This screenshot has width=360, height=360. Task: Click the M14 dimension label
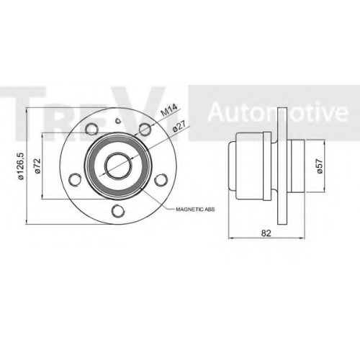tap(168, 110)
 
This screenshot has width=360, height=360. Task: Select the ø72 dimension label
tap(37, 166)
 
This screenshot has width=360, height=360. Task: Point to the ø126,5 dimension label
tap(21, 166)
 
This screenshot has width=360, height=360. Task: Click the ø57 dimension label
tap(319, 166)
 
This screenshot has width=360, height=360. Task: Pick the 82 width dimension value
tap(266, 233)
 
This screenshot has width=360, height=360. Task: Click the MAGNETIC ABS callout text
tap(195, 210)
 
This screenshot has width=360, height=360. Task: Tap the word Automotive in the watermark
tap(278, 112)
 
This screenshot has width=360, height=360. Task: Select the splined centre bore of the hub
tap(118, 166)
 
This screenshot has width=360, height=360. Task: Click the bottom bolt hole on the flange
tap(118, 210)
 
